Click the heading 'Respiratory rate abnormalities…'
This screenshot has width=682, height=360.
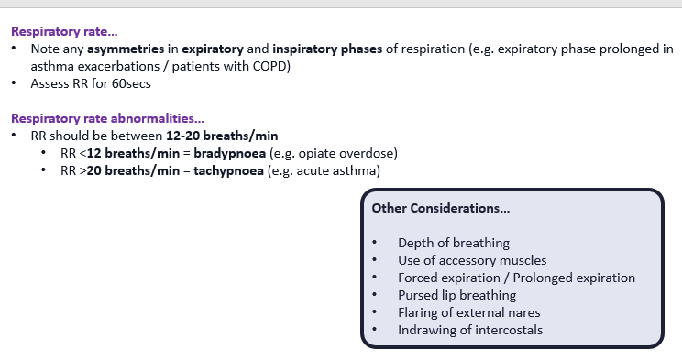107,118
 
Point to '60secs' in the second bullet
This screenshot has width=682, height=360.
129,82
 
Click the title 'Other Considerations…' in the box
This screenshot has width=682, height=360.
440,208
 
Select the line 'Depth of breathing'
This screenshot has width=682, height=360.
453,243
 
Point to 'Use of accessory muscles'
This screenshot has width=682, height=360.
471,260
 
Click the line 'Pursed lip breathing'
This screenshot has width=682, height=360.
456,295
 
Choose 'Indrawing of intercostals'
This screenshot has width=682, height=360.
470,330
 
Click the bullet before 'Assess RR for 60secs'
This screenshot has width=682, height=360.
16,82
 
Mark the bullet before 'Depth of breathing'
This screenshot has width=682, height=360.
375,243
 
